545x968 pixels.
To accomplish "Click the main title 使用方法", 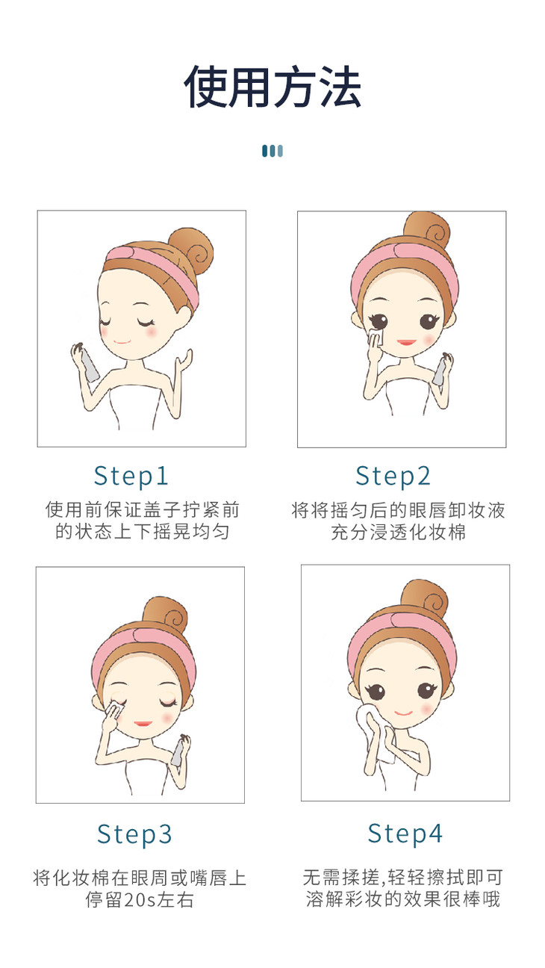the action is pyautogui.click(x=272, y=87).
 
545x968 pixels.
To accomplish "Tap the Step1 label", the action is pyautogui.click(x=131, y=477).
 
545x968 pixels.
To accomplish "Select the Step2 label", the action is pyautogui.click(x=393, y=477).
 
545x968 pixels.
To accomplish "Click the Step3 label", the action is pyautogui.click(x=134, y=834).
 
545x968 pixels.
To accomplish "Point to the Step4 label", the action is pyautogui.click(x=405, y=834).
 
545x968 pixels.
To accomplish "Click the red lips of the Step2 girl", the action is pyautogui.click(x=406, y=342).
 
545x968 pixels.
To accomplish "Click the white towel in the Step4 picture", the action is pyautogui.click(x=375, y=731).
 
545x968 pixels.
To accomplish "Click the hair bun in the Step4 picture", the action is pyautogui.click(x=424, y=599).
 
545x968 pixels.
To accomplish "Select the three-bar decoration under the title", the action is pyautogui.click(x=272, y=151).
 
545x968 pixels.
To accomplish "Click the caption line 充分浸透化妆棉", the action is pyautogui.click(x=399, y=532).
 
